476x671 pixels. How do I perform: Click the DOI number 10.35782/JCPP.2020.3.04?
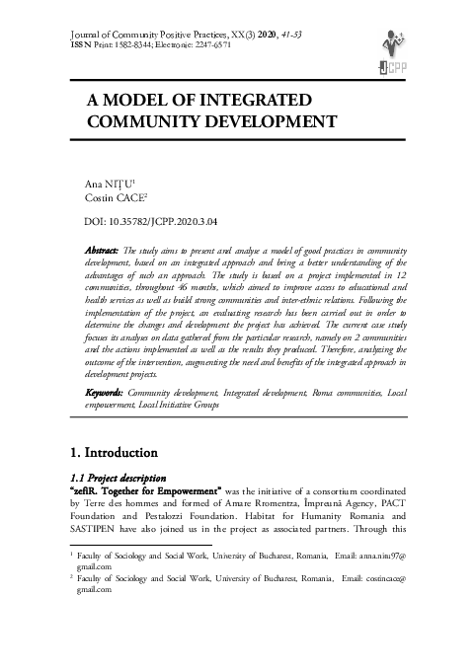(165, 225)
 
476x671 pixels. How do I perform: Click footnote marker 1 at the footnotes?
(68, 555)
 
